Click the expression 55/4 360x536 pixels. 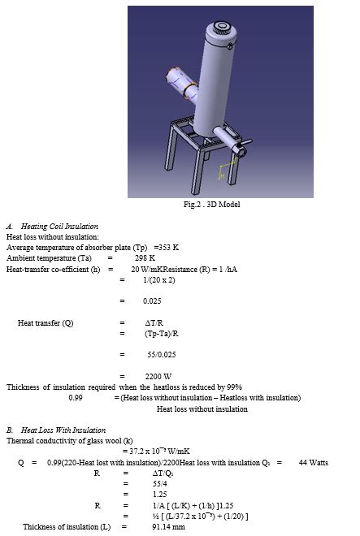159,482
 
